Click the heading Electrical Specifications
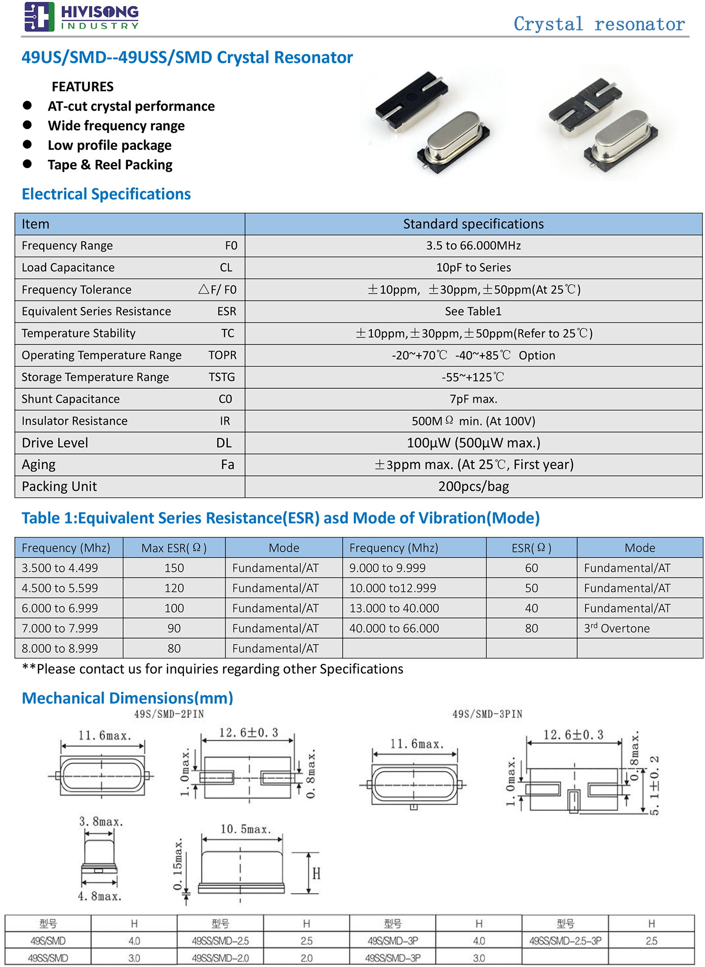coord(106,194)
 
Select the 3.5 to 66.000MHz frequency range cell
coord(473,246)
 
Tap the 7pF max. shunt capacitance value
coord(473,399)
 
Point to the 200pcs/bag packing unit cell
coord(473,487)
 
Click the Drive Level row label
coord(55,443)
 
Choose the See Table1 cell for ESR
coord(473,312)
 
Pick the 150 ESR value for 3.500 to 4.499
coord(174,568)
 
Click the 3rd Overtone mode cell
coord(617,628)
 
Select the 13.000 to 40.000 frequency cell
coord(394,608)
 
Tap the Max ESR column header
coord(174,548)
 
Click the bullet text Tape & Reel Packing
coord(110,165)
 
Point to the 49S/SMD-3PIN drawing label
coord(487,714)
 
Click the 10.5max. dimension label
coord(246,829)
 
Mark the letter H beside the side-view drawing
coord(316,874)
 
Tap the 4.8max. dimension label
coord(100,896)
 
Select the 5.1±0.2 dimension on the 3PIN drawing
coord(655,785)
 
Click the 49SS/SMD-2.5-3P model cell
coord(565,941)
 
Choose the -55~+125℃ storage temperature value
coord(473,377)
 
